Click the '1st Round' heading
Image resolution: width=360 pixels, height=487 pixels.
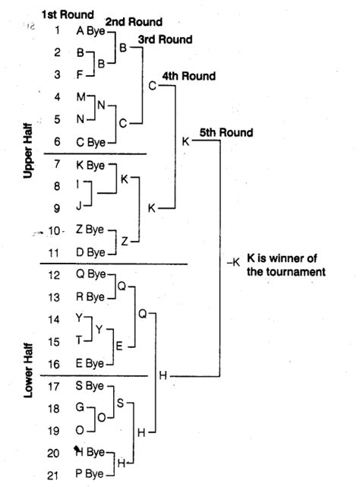[x=68, y=14]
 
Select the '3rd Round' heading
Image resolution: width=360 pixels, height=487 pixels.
[x=166, y=40]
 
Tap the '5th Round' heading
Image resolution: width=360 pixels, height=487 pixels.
[x=226, y=133]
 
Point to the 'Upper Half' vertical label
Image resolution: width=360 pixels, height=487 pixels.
[x=28, y=150]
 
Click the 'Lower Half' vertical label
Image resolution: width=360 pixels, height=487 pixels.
[x=28, y=370]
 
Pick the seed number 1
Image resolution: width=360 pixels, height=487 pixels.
[x=57, y=30]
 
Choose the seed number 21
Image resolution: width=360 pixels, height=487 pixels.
[x=53, y=476]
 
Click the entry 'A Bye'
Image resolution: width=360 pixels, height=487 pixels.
[x=90, y=30]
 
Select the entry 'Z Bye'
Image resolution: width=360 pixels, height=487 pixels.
[x=90, y=229]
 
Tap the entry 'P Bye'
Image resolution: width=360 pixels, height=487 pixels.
[x=90, y=474]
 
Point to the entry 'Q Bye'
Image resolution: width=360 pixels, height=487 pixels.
[x=90, y=274]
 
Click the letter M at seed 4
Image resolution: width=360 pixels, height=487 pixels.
[x=81, y=97]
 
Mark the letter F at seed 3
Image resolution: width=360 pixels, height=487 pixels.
[x=80, y=74]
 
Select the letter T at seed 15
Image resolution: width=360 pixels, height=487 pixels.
[x=79, y=340]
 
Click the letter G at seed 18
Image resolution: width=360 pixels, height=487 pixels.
[x=81, y=407]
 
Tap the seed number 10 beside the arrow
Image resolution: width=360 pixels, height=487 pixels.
[x=54, y=231]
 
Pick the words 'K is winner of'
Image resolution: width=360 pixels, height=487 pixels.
[x=282, y=258]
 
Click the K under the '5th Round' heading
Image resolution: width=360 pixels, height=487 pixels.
[x=185, y=141]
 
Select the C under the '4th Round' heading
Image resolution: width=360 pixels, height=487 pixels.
[x=152, y=86]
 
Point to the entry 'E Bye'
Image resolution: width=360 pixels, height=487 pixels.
[x=90, y=363]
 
